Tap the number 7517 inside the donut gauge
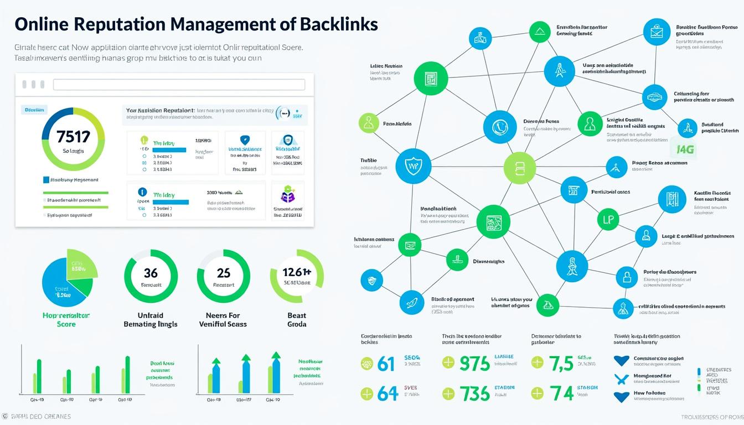click(x=73, y=137)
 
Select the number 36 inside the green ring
click(x=151, y=273)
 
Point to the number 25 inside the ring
click(x=224, y=273)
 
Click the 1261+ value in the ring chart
click(x=297, y=272)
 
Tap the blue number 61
click(x=385, y=364)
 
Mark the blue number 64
click(x=387, y=393)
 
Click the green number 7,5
click(x=561, y=364)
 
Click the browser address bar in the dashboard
click(x=179, y=85)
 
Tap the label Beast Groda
click(x=297, y=320)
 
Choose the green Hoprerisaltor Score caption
click(x=66, y=320)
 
